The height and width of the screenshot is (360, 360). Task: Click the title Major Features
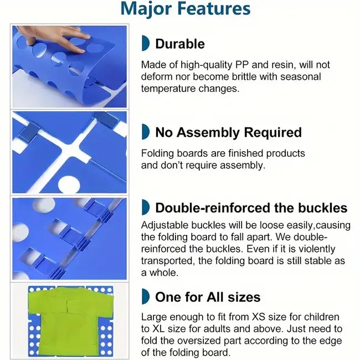tap(186, 9)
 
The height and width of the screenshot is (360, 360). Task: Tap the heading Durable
tap(180, 44)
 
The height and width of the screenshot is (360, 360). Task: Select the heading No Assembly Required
tap(228, 132)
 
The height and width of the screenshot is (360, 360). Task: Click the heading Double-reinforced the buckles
tap(251, 208)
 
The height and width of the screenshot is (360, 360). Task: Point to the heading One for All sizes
tap(208, 297)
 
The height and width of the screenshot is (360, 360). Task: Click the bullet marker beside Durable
tap(146, 43)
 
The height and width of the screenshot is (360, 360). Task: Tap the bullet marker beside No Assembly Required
tap(146, 132)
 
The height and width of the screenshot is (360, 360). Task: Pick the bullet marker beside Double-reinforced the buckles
tap(146, 207)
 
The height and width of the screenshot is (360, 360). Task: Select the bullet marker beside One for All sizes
tap(146, 296)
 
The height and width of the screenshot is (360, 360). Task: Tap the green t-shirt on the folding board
tap(70, 321)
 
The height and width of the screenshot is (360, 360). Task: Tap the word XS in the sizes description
tap(259, 317)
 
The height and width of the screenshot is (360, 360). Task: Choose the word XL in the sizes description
tap(158, 329)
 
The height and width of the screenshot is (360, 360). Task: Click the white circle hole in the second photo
tap(69, 184)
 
